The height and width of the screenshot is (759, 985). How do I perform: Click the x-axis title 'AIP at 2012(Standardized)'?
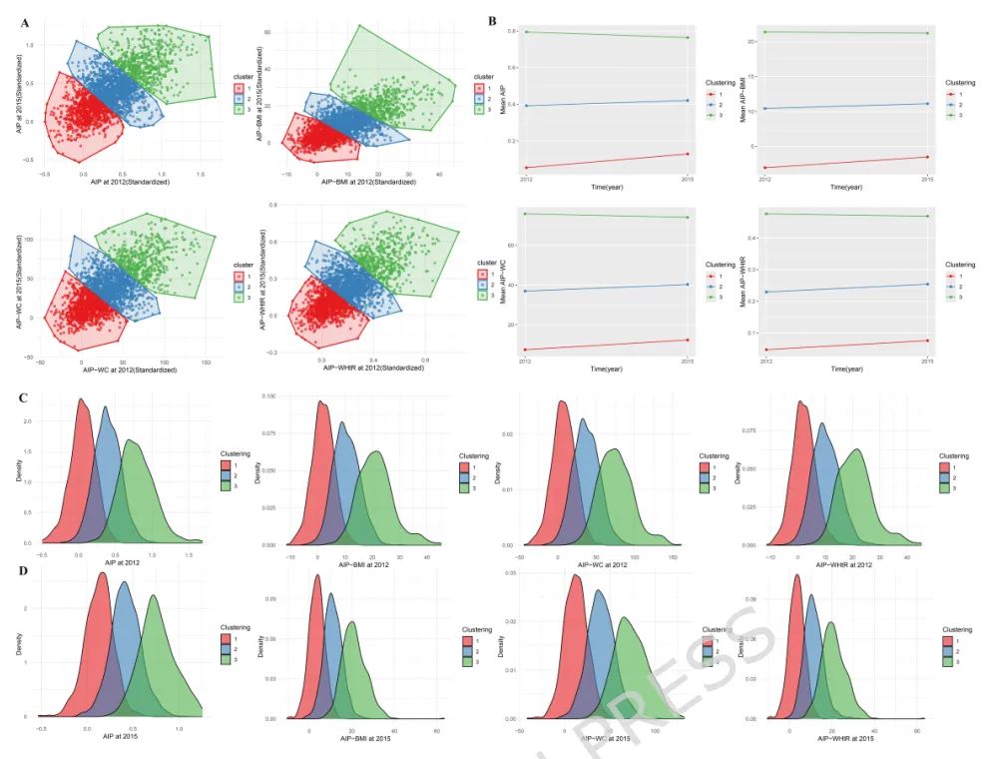(x=130, y=182)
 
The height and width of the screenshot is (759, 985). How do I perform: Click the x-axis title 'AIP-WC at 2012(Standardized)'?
(x=130, y=370)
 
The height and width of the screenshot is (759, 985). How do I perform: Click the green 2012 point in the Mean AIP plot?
(x=525, y=32)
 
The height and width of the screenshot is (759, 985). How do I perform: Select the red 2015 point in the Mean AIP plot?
(x=688, y=154)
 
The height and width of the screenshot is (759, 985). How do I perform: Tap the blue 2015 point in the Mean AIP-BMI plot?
(x=927, y=104)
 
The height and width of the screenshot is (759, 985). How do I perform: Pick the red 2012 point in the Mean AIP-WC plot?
(x=525, y=350)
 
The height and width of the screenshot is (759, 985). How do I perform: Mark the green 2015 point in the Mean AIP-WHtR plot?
(x=927, y=217)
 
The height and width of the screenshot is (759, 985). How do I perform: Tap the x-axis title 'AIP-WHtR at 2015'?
(x=844, y=737)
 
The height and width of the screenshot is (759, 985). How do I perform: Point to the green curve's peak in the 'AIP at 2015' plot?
(x=154, y=596)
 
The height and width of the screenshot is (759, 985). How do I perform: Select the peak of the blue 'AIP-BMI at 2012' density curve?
(x=342, y=422)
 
